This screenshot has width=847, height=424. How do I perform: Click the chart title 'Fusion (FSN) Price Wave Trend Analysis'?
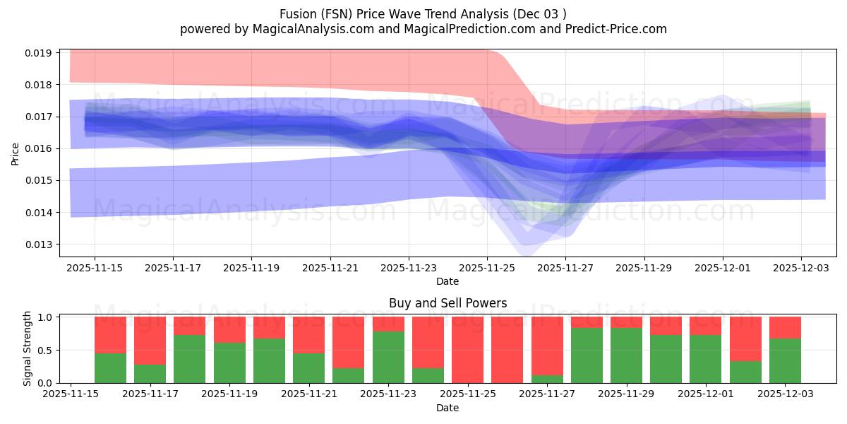[423, 13]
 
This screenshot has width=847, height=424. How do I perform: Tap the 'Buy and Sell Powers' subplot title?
[447, 303]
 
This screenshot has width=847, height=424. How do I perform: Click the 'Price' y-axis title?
[15, 153]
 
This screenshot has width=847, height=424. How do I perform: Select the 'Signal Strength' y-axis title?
[27, 348]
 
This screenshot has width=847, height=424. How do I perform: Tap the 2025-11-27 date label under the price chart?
[565, 269]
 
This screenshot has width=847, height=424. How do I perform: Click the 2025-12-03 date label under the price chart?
[800, 269]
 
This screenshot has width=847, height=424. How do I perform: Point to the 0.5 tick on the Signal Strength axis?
[44, 351]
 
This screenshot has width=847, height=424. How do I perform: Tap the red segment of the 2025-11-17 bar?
[150, 340]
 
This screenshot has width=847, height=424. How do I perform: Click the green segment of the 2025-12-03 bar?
[785, 360]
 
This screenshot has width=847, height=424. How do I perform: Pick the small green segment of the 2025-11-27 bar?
[547, 379]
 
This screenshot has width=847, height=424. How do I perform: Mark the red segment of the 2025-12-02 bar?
[745, 338]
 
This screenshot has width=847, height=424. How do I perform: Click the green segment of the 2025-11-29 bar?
[626, 355]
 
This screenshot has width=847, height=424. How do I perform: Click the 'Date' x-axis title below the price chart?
[447, 281]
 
